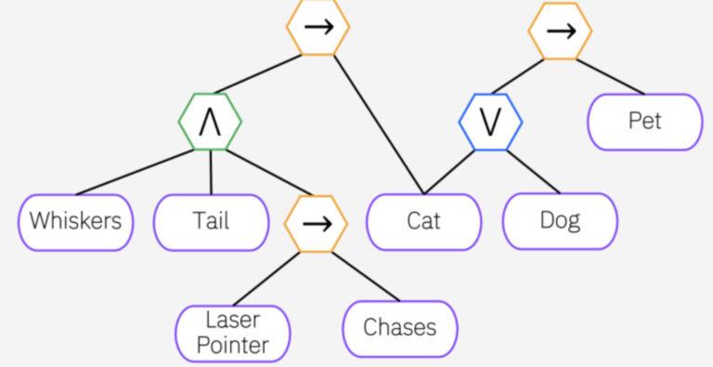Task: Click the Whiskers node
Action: click(75, 221)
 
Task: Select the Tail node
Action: click(211, 221)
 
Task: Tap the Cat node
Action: click(423, 221)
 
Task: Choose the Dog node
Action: click(559, 221)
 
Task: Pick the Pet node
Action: click(645, 121)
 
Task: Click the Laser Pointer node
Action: click(233, 333)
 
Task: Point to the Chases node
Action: click(399, 327)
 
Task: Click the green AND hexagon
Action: click(211, 122)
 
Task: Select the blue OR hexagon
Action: click(490, 122)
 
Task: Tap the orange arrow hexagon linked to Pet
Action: click(560, 31)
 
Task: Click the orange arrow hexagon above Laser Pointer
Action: click(316, 223)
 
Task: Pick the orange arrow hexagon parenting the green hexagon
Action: click(318, 27)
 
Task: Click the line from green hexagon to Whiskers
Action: click(130, 173)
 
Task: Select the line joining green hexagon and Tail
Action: click(211, 172)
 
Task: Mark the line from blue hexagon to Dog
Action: click(533, 171)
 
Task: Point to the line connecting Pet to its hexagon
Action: click(609, 76)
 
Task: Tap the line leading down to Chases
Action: click(365, 276)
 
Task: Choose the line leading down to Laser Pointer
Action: click(269, 278)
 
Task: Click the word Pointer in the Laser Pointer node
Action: click(233, 345)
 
